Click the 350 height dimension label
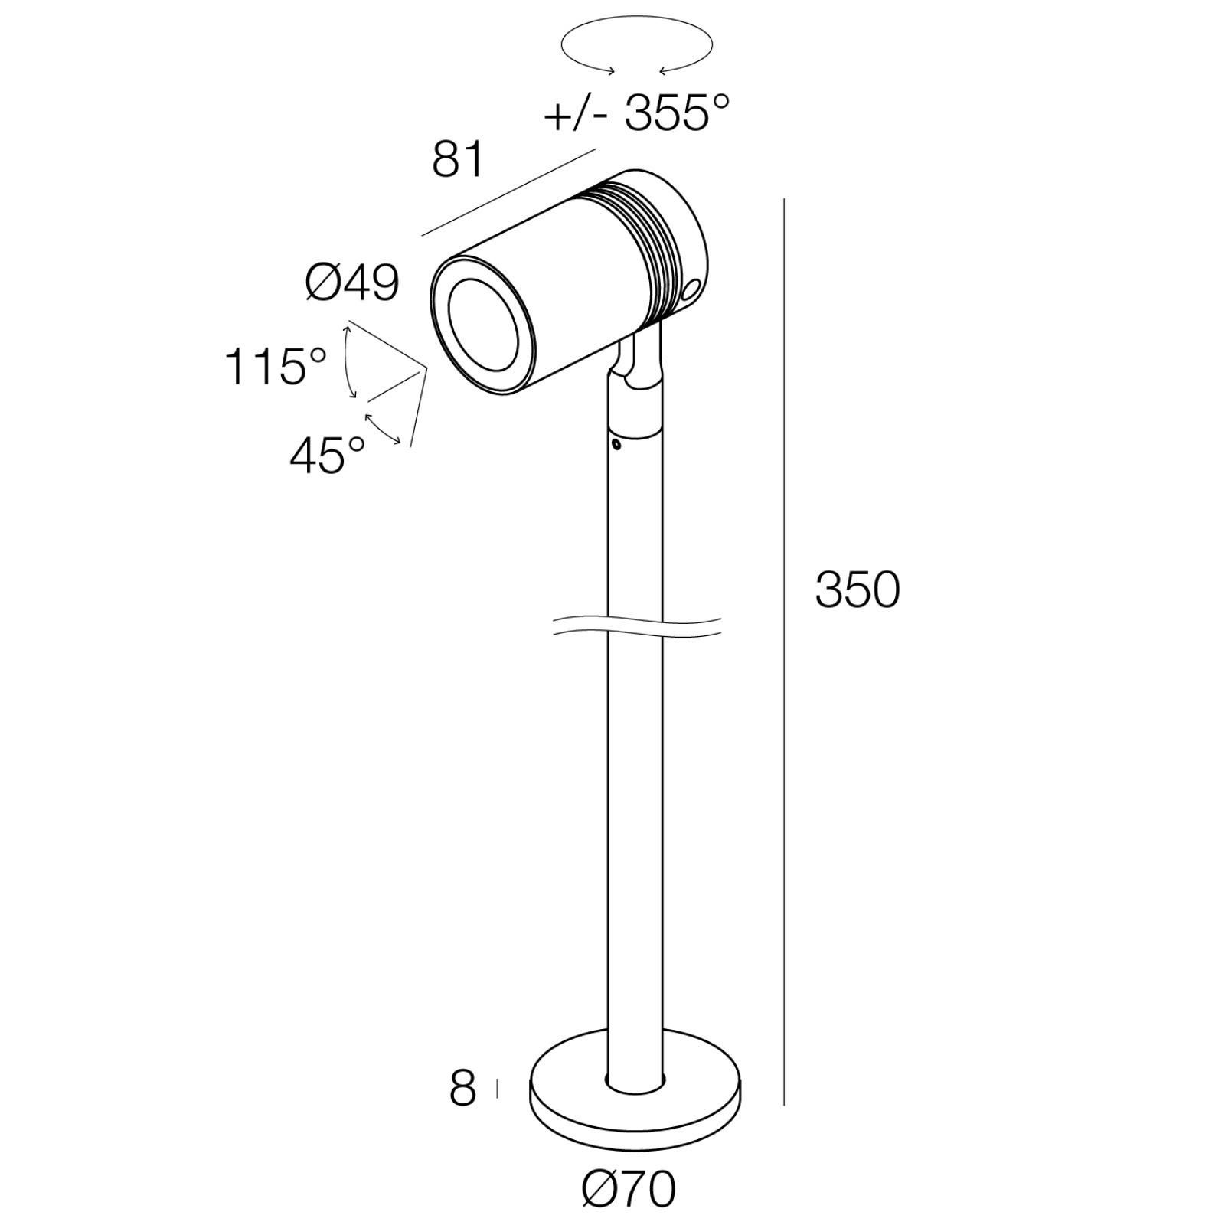pyautogui.click(x=857, y=590)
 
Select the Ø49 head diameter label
pyautogui.click(x=352, y=283)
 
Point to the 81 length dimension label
pyautogui.click(x=458, y=160)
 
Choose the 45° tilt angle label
pyautogui.click(x=328, y=456)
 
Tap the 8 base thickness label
pyautogui.click(x=462, y=1088)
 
